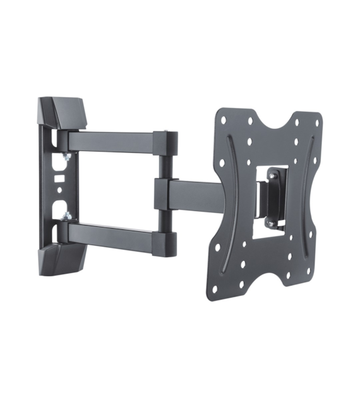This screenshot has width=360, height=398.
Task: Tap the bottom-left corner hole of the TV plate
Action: (215, 288)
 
